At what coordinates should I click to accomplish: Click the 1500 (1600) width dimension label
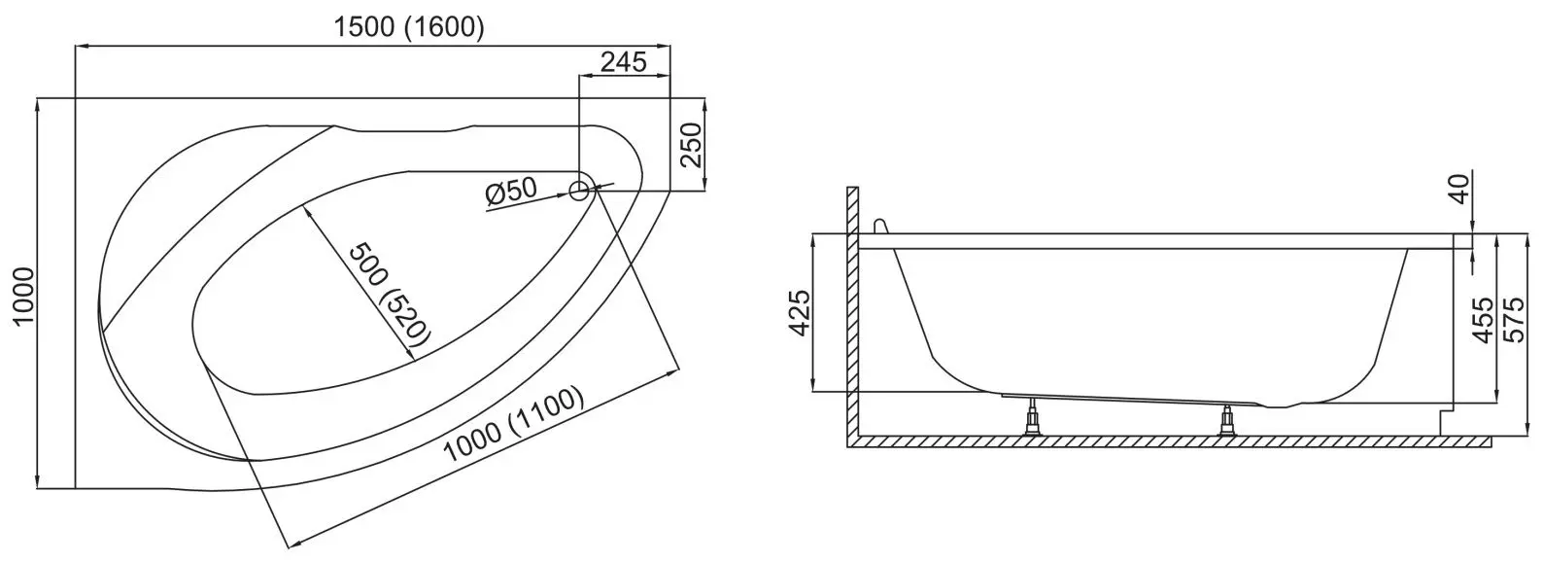(409, 27)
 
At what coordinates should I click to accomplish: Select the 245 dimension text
(624, 62)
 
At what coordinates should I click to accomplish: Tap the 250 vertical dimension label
(690, 145)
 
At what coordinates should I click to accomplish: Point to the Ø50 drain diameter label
(510, 191)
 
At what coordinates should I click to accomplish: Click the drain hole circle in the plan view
(579, 190)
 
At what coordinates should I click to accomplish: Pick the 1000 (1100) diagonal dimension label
(513, 425)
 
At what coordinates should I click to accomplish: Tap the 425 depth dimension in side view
(799, 313)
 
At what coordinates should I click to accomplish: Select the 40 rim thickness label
(1459, 189)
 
